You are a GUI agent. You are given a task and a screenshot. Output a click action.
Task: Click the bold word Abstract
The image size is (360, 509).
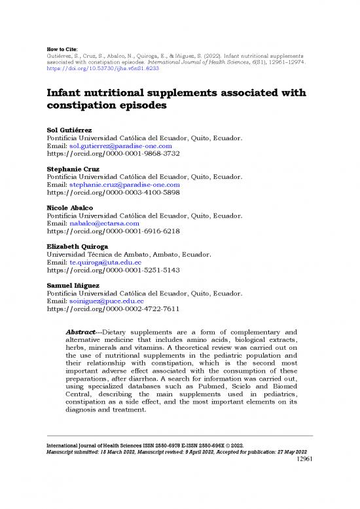82,331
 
